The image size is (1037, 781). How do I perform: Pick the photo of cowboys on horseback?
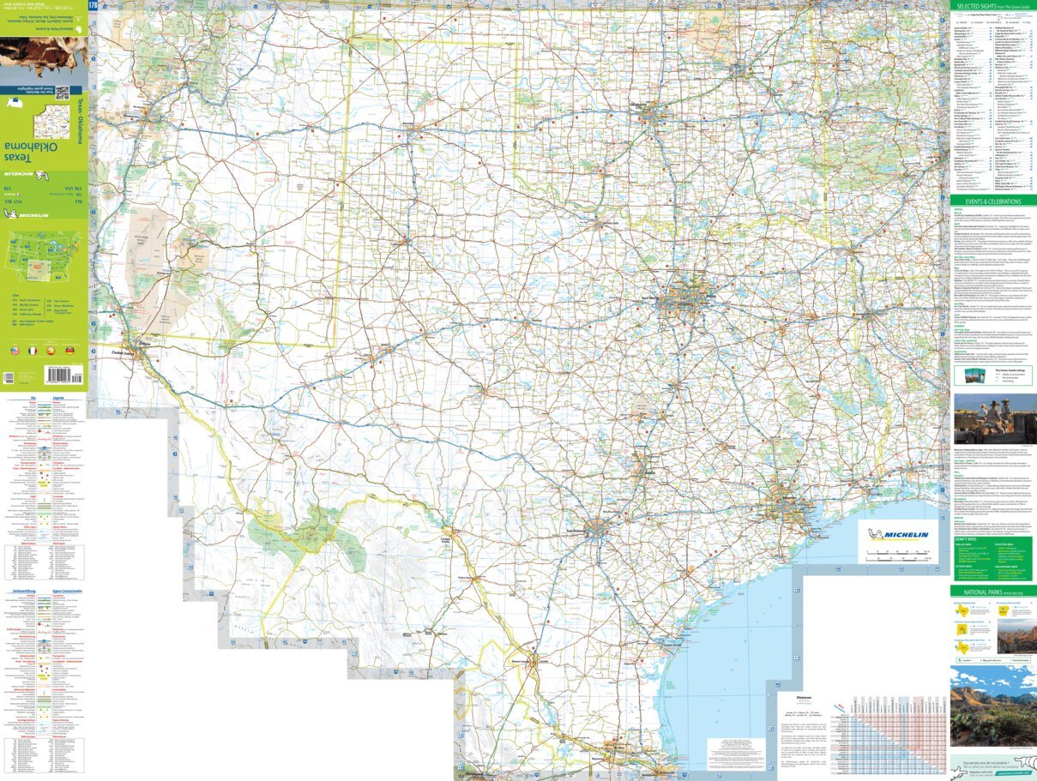pyautogui.click(x=995, y=419)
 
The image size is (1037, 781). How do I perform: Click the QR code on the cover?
pyautogui.click(x=63, y=92)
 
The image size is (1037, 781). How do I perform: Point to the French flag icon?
pyautogui.click(x=33, y=351)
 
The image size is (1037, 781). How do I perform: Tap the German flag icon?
pyautogui.click(x=69, y=351)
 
